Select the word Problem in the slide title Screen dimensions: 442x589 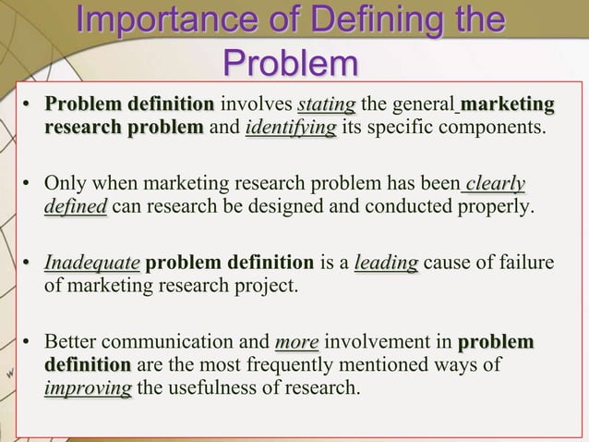point(292,64)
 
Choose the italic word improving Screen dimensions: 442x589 point(88,388)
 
